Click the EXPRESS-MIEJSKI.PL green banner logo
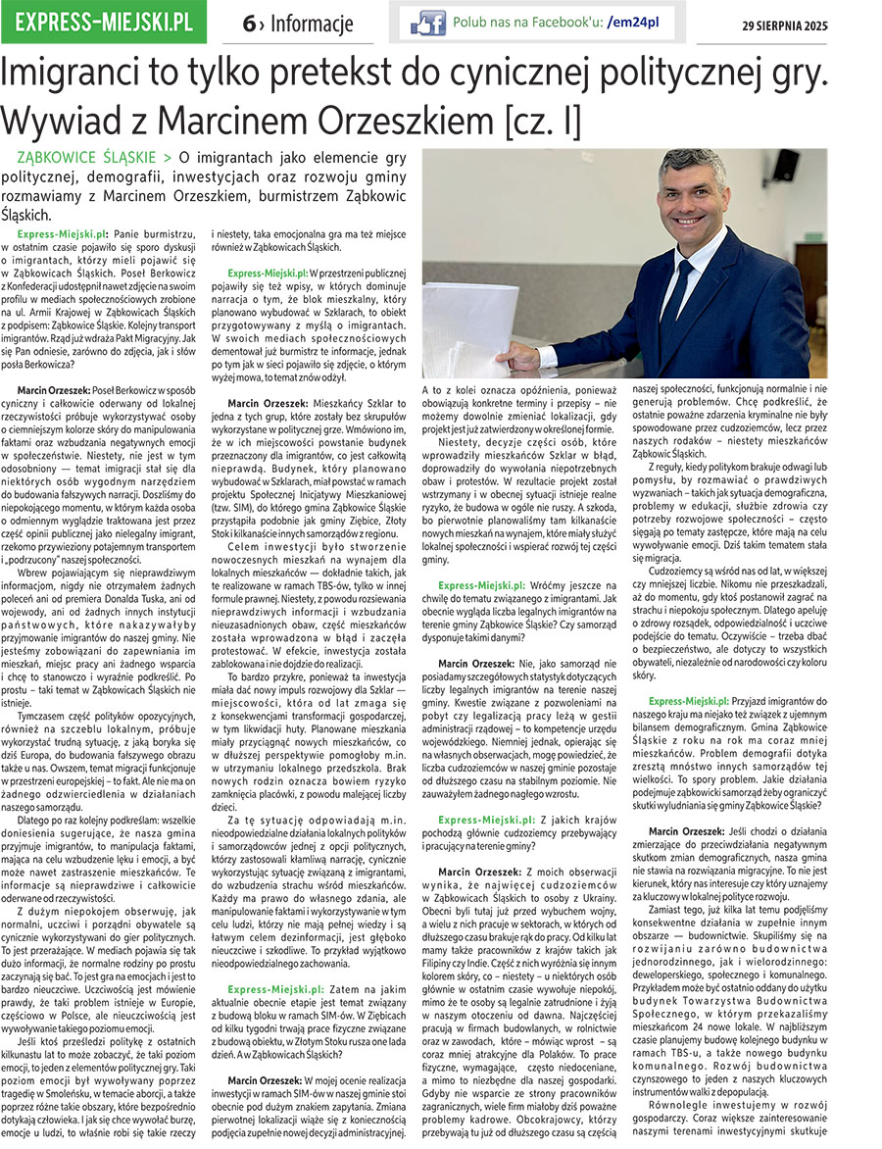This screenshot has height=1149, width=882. click(x=104, y=22)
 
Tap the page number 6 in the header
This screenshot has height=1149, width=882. click(x=249, y=24)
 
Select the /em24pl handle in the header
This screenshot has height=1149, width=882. click(x=634, y=21)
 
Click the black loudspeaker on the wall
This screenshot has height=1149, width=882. click(x=785, y=166)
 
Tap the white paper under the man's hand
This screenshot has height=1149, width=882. click(x=461, y=333)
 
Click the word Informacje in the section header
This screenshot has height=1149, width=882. click(x=312, y=24)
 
